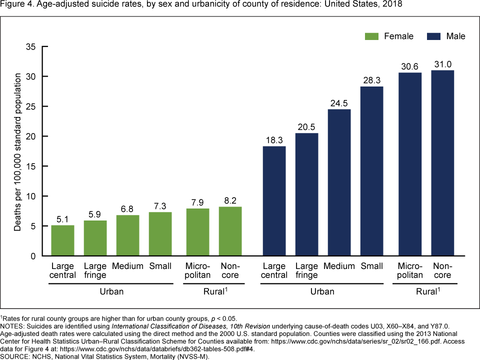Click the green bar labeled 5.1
pos(63,240)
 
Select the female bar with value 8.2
pos(230,231)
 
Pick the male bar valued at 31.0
pos(442,163)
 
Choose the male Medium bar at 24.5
pos(339,182)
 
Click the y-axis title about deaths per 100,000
pos(18,151)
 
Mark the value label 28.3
pos(371,80)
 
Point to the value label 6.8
pos(127,208)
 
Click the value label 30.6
pos(410,66)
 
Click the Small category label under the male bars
pos(371,266)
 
